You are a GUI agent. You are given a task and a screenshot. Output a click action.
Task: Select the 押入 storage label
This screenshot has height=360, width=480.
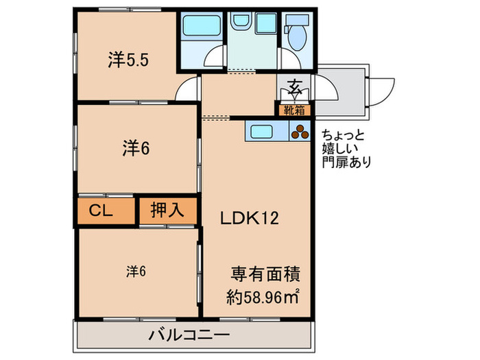pos(167,211)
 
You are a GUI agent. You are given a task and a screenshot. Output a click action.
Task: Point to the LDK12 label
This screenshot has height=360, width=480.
pos(248,219)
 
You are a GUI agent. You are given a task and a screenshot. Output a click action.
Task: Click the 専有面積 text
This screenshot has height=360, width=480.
pos(264,273)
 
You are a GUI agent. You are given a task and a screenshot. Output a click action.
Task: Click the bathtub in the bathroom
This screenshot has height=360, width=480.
pos(200,29)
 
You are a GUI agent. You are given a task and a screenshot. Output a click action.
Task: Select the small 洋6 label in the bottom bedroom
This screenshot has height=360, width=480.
pos(135,271)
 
